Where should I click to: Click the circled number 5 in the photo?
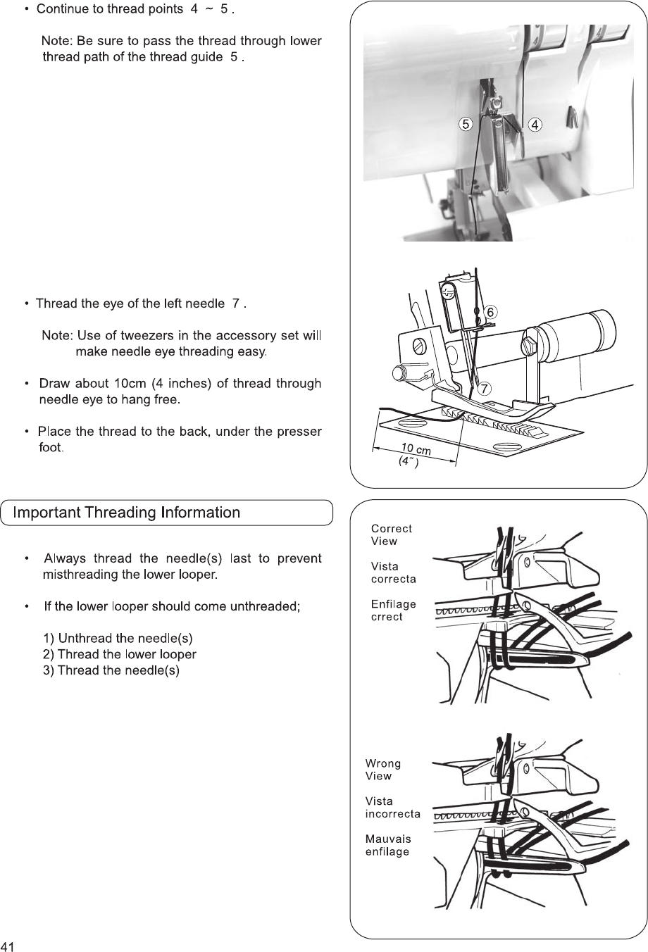(465, 125)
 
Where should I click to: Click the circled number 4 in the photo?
(535, 125)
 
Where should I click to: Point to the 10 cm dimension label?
(416, 449)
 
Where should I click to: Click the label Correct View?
(391, 535)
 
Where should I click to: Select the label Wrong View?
(383, 770)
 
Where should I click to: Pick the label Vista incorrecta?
(392, 808)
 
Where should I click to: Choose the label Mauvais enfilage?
(388, 845)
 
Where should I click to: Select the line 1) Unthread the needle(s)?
(118, 639)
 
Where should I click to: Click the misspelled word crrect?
(387, 617)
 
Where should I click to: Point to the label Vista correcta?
(393, 572)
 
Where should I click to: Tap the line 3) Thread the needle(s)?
(111, 670)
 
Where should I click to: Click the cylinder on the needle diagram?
(577, 336)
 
